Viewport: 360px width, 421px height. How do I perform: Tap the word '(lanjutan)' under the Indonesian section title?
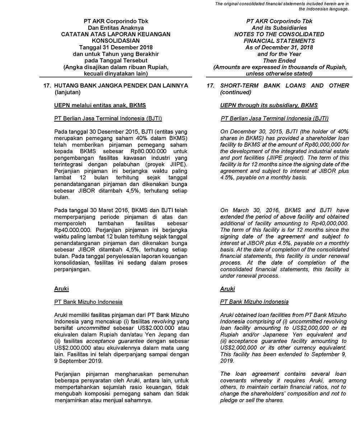(x=68, y=92)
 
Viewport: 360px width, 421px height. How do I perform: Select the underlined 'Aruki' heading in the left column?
(x=61, y=289)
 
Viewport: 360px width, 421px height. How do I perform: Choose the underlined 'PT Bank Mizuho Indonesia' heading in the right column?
(x=254, y=302)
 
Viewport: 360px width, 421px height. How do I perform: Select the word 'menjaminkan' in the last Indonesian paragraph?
(x=71, y=401)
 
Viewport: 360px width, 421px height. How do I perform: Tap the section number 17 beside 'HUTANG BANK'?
(x=46, y=85)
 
